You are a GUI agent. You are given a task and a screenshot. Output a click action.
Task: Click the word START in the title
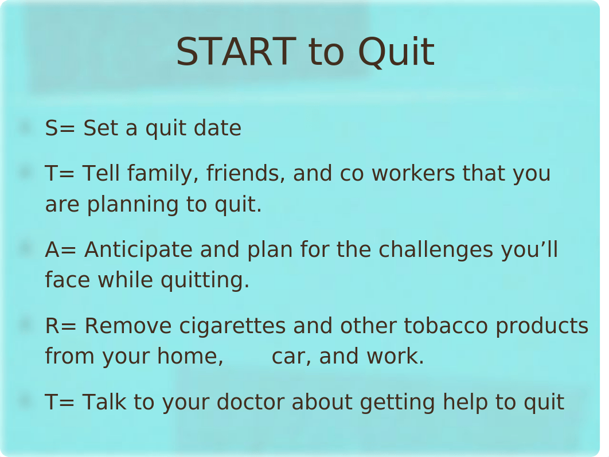click(x=236, y=52)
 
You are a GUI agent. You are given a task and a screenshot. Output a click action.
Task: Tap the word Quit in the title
click(x=396, y=52)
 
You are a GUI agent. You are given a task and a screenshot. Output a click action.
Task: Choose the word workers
click(x=413, y=173)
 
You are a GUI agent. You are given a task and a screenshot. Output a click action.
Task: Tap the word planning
click(x=133, y=205)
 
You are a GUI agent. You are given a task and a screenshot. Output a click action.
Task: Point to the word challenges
click(x=436, y=250)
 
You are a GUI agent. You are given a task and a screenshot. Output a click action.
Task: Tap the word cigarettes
click(x=232, y=326)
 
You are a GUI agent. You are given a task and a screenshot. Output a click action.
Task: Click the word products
click(x=542, y=326)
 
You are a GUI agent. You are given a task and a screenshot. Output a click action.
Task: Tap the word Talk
click(x=104, y=402)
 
